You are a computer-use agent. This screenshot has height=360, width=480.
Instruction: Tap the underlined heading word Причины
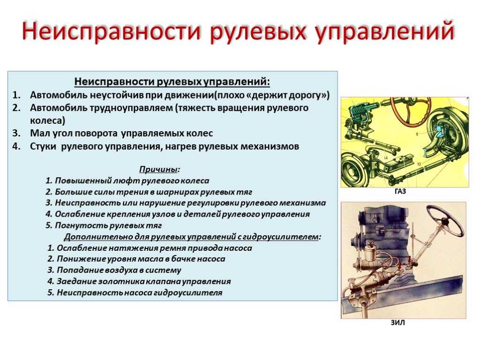(x=158, y=169)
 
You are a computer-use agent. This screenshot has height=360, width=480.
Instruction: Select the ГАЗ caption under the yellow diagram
(x=400, y=192)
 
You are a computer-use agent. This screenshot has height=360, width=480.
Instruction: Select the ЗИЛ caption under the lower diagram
(x=397, y=322)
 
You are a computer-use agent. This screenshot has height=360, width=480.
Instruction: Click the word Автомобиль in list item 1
(x=59, y=95)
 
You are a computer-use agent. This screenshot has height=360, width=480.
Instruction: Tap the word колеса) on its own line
(x=47, y=120)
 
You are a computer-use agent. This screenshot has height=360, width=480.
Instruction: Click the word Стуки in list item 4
(x=43, y=146)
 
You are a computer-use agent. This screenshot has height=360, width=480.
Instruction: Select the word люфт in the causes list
(x=122, y=180)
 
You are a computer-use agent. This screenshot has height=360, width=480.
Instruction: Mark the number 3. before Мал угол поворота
(x=16, y=134)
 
